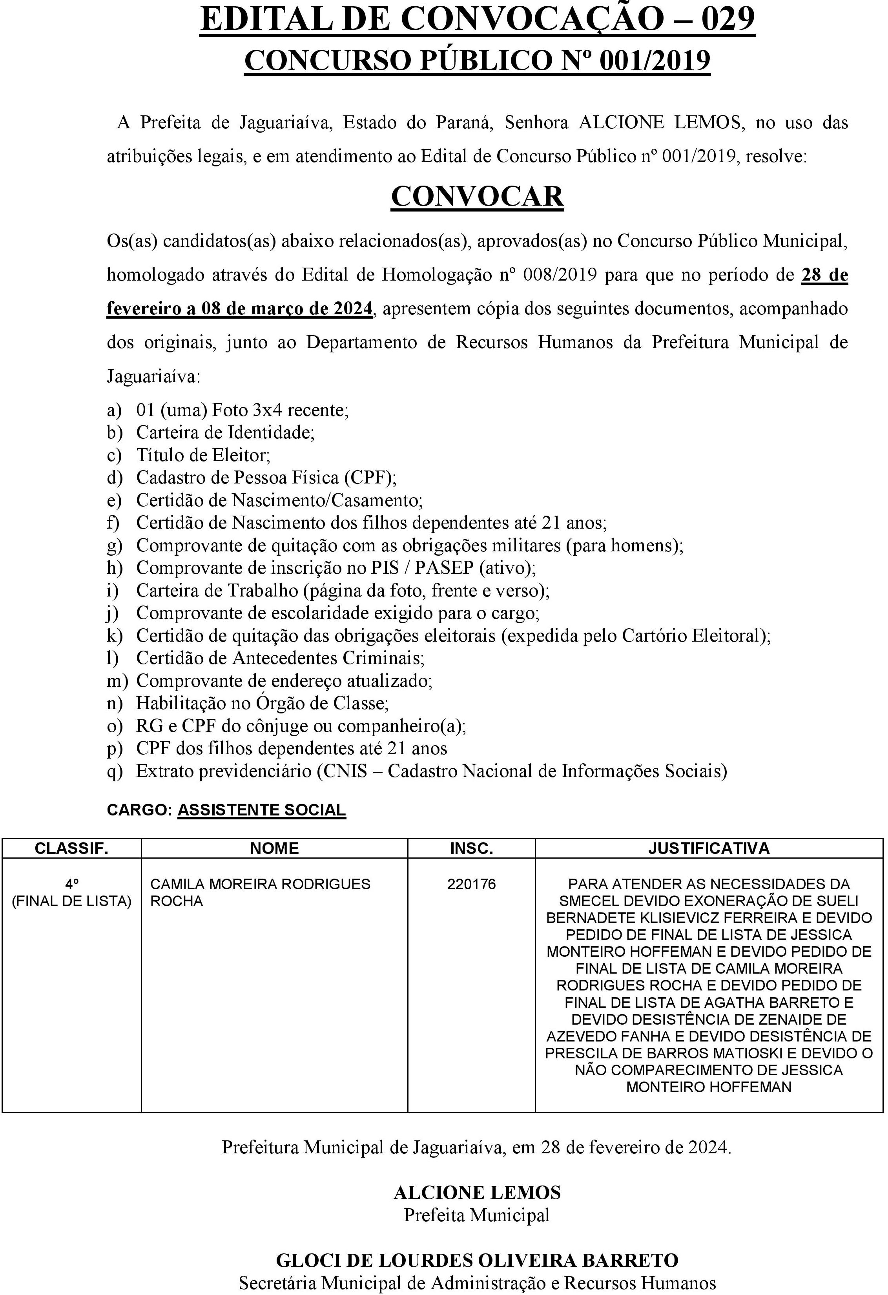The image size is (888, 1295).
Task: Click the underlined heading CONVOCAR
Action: (x=478, y=196)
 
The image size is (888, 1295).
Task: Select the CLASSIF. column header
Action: (x=71, y=848)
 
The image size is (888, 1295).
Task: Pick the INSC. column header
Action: (x=471, y=848)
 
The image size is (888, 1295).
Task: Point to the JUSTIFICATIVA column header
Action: (x=709, y=848)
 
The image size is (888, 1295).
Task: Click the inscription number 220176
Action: (x=471, y=884)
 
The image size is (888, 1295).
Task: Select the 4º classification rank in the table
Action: (x=71, y=884)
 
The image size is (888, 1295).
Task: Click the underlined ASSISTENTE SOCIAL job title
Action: (x=262, y=810)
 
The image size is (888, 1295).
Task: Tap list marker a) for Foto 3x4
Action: (x=114, y=410)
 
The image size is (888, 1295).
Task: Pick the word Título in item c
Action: (x=156, y=455)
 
